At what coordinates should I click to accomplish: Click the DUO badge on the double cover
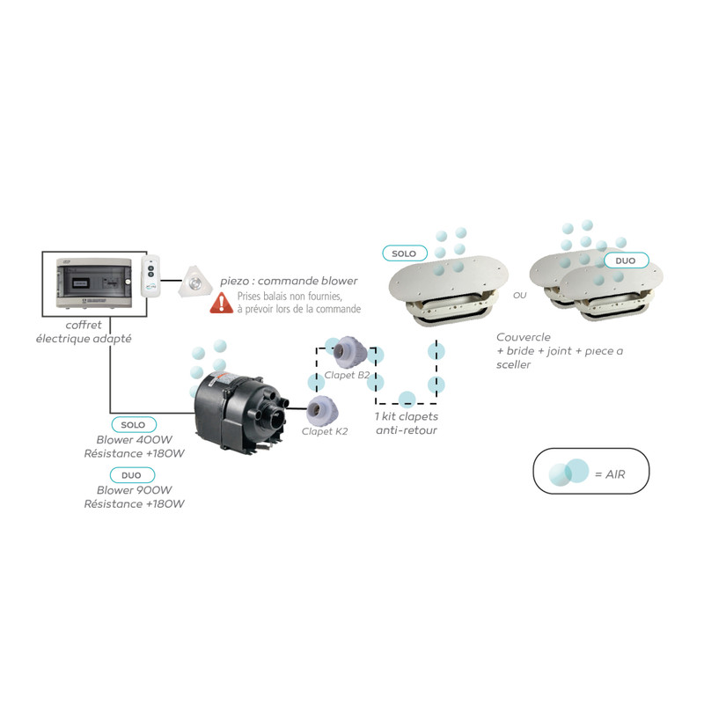point(626,260)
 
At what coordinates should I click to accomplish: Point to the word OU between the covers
point(519,295)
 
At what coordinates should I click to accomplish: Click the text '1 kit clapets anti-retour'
point(406,422)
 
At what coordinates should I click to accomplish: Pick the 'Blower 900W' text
point(134,490)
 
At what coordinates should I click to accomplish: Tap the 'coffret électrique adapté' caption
point(84,331)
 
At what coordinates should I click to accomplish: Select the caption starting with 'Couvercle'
point(559,350)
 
